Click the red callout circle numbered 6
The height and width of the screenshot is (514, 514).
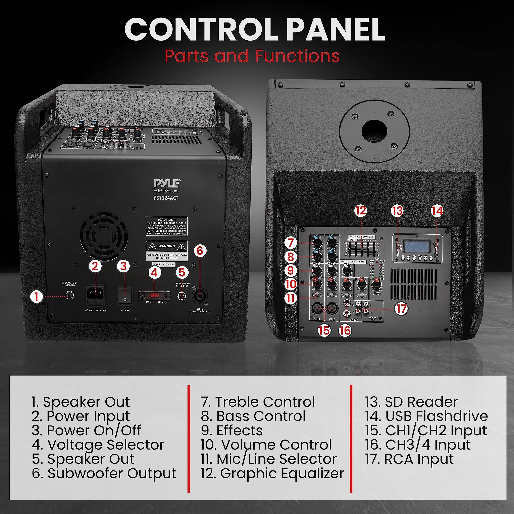click(x=200, y=251)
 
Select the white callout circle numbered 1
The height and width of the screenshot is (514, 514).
click(x=37, y=296)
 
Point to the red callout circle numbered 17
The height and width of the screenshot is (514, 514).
click(x=401, y=309)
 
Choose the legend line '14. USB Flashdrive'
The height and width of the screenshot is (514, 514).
click(x=426, y=416)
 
